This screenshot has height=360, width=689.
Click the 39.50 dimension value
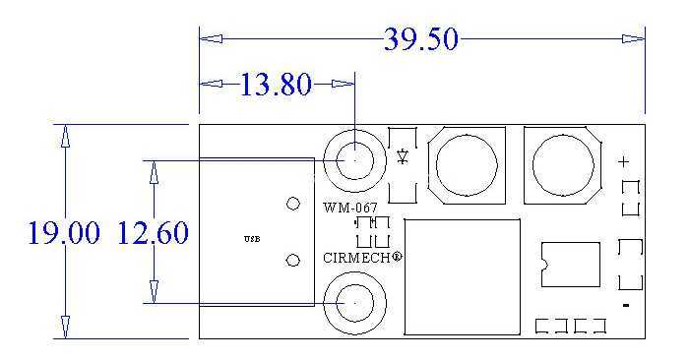[x=421, y=39]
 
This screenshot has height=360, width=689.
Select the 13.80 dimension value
[x=276, y=85]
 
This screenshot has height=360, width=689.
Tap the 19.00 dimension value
[x=64, y=232]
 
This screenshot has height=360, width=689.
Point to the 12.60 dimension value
[x=153, y=232]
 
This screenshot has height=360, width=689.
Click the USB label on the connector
[x=252, y=239]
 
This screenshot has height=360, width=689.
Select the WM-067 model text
[x=350, y=208]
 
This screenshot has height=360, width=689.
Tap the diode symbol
[x=403, y=156]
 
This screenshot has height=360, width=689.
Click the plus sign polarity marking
[x=623, y=162]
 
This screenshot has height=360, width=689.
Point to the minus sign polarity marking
[x=626, y=305]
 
